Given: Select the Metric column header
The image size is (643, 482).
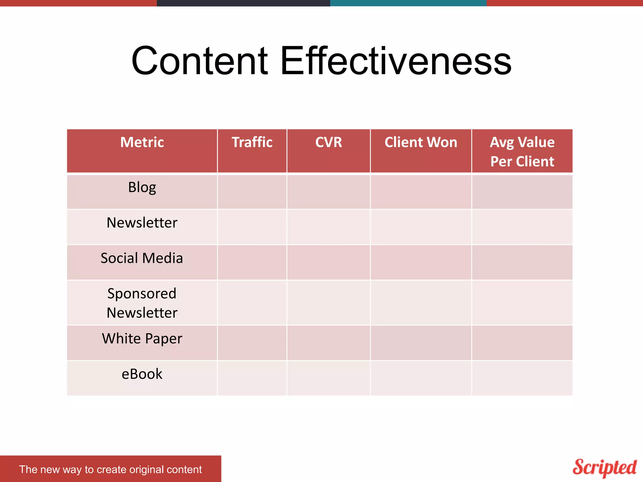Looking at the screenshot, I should click(x=142, y=142).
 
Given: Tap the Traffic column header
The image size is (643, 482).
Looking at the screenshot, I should click(x=252, y=142).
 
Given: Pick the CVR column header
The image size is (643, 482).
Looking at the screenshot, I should click(x=328, y=142).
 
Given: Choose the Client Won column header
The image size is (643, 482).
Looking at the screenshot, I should click(x=421, y=142).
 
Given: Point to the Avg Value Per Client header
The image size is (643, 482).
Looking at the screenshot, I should click(x=522, y=152).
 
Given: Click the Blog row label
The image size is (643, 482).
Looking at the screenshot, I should click(x=142, y=187).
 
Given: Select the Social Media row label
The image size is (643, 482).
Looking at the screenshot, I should click(x=142, y=258).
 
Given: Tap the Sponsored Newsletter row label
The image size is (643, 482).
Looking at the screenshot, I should click(x=142, y=303).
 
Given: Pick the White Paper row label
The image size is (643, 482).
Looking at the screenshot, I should click(x=142, y=339).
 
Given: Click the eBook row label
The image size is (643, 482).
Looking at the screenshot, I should click(x=142, y=374).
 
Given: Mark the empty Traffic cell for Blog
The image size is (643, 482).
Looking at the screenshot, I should click(x=252, y=192).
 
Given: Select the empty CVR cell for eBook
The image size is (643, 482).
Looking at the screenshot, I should click(x=328, y=378).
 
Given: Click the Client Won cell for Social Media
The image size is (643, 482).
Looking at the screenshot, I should click(x=421, y=262).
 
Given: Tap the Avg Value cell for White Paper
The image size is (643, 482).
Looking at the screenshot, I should click(x=522, y=343).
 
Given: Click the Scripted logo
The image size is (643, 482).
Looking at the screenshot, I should click(x=604, y=468).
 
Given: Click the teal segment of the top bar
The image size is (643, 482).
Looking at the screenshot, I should click(x=408, y=3).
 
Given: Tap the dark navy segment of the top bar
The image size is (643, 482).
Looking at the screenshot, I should click(x=243, y=3).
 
